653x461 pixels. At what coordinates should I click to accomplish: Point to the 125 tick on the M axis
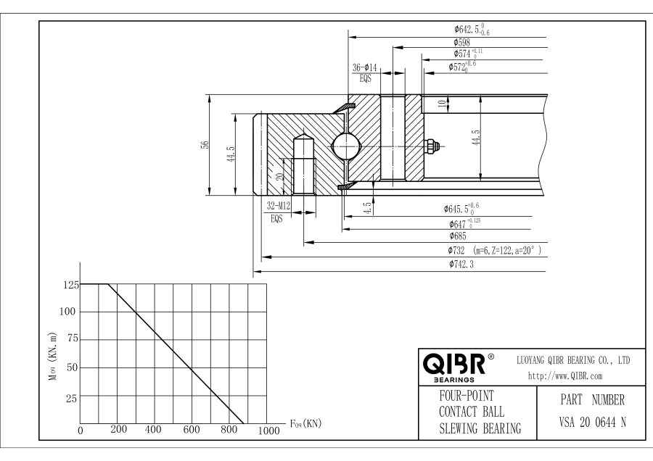coord(70,284)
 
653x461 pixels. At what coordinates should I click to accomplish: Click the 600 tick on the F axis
coord(192,429)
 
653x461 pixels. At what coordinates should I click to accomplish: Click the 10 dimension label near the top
coord(442,104)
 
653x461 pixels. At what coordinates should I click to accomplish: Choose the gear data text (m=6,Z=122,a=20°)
coord(508,250)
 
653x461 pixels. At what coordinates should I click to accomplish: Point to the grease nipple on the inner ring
coord(431,145)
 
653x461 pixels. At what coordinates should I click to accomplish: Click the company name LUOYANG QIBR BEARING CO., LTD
coord(572,360)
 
